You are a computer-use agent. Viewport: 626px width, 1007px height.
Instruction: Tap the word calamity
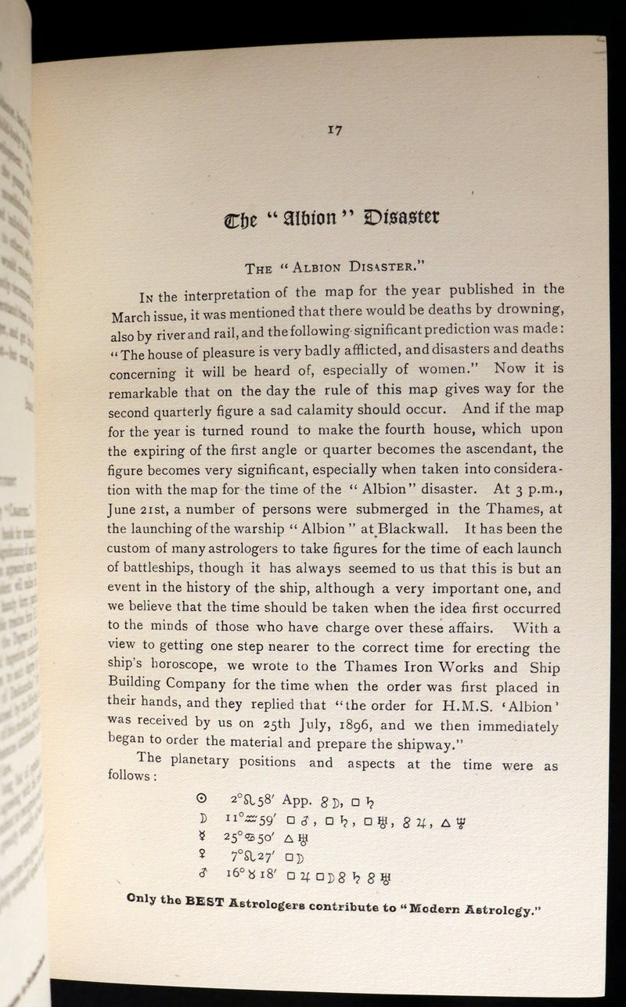[x=372, y=408]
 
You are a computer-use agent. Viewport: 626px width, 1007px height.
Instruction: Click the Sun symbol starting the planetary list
[x=201, y=798]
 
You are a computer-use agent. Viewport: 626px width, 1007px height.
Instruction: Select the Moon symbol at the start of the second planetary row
[x=201, y=818]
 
